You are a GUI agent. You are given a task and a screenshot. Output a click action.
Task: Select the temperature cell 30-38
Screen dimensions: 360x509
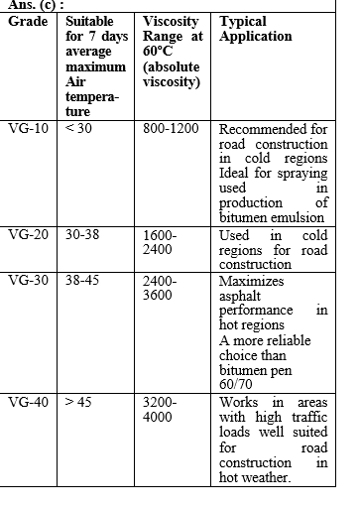coord(84,235)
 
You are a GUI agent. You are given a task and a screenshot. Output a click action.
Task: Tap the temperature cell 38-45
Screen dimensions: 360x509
coord(84,281)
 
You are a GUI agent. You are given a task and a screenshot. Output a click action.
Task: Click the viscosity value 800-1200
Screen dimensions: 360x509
coord(171,129)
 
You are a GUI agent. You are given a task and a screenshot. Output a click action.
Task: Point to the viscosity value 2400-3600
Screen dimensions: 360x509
coord(160,288)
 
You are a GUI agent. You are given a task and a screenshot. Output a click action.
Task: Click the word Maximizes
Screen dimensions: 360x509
coord(252,281)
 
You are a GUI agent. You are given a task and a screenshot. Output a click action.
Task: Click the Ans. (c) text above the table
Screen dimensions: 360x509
coord(30,5)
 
